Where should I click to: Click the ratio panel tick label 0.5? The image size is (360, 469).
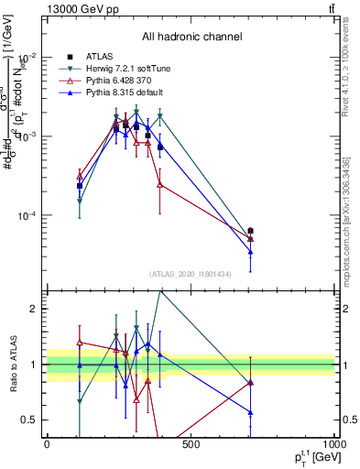tap(32, 420)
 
